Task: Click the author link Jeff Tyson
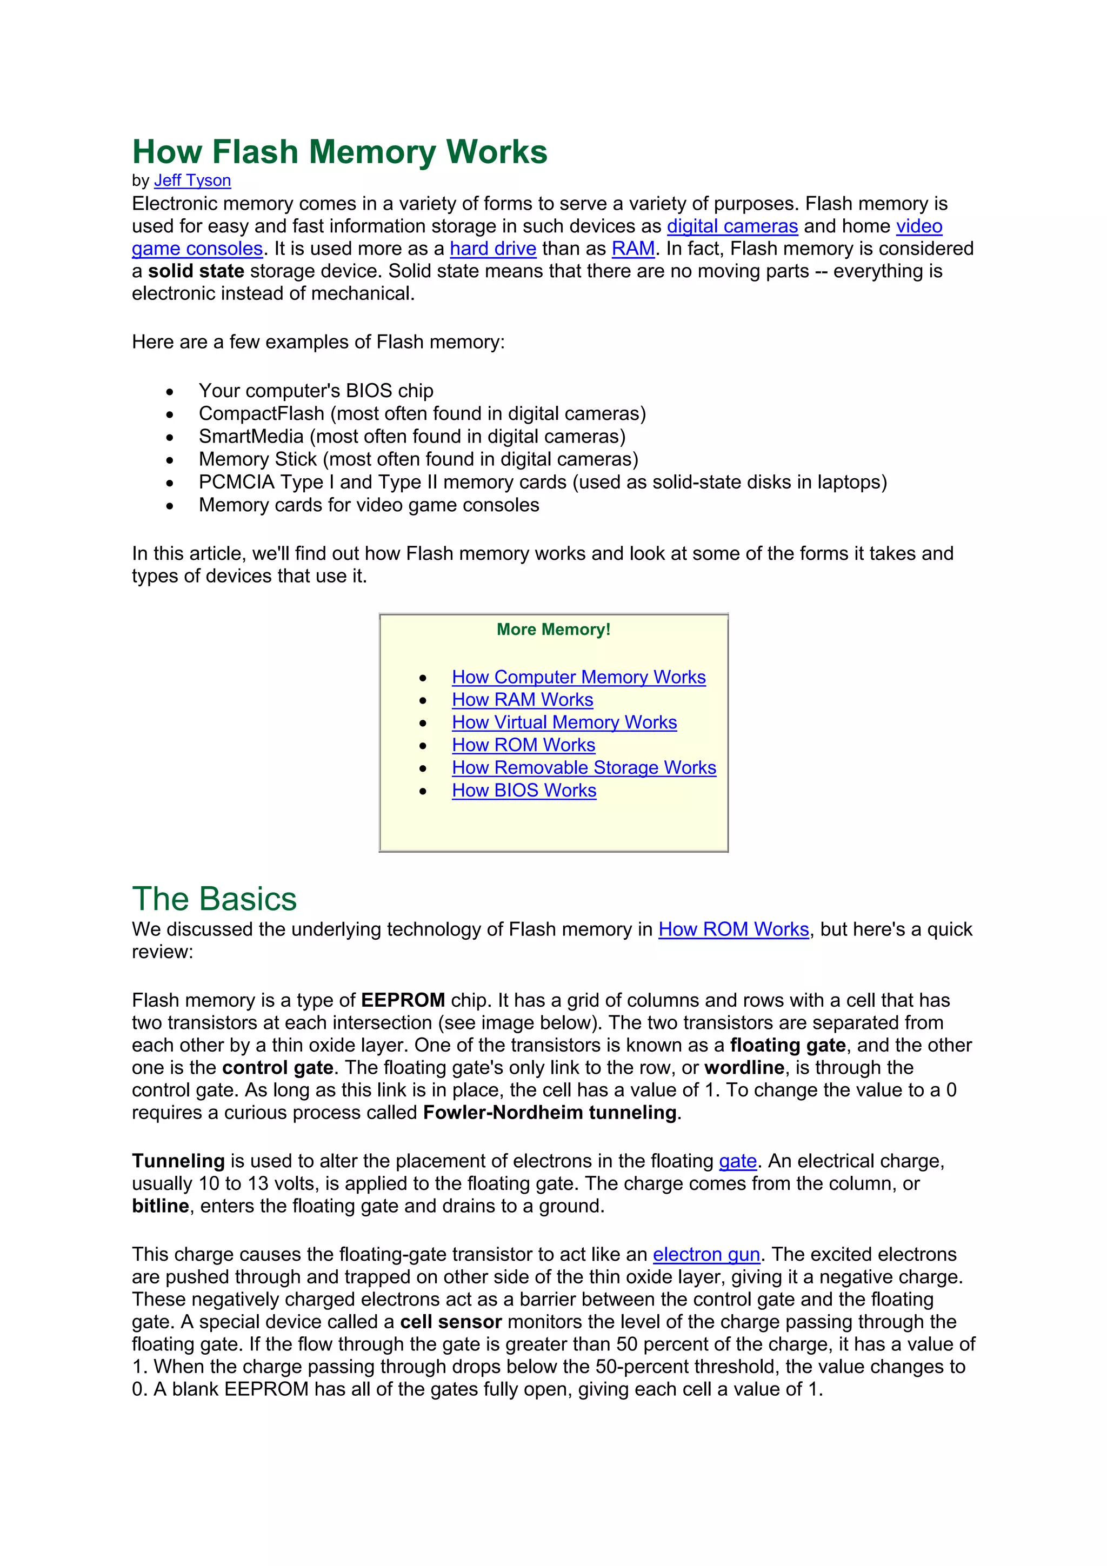tap(192, 180)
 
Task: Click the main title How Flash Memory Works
tap(339, 151)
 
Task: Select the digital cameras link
tap(732, 226)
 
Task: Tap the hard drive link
tap(492, 249)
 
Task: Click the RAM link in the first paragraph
tap(632, 249)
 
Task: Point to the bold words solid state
tap(196, 271)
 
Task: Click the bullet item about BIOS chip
tap(316, 391)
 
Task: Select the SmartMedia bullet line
tap(412, 437)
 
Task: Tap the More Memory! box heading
tap(553, 630)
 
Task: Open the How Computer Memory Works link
tap(578, 677)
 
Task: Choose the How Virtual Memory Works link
tap(564, 722)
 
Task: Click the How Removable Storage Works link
tap(584, 768)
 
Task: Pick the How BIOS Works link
tap(524, 791)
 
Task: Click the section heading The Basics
tap(214, 899)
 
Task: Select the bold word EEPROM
tap(402, 1001)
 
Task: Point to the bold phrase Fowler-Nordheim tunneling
tap(550, 1113)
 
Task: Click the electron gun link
tap(706, 1255)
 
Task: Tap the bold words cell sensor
tap(451, 1322)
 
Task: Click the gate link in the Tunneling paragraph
tap(737, 1162)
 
